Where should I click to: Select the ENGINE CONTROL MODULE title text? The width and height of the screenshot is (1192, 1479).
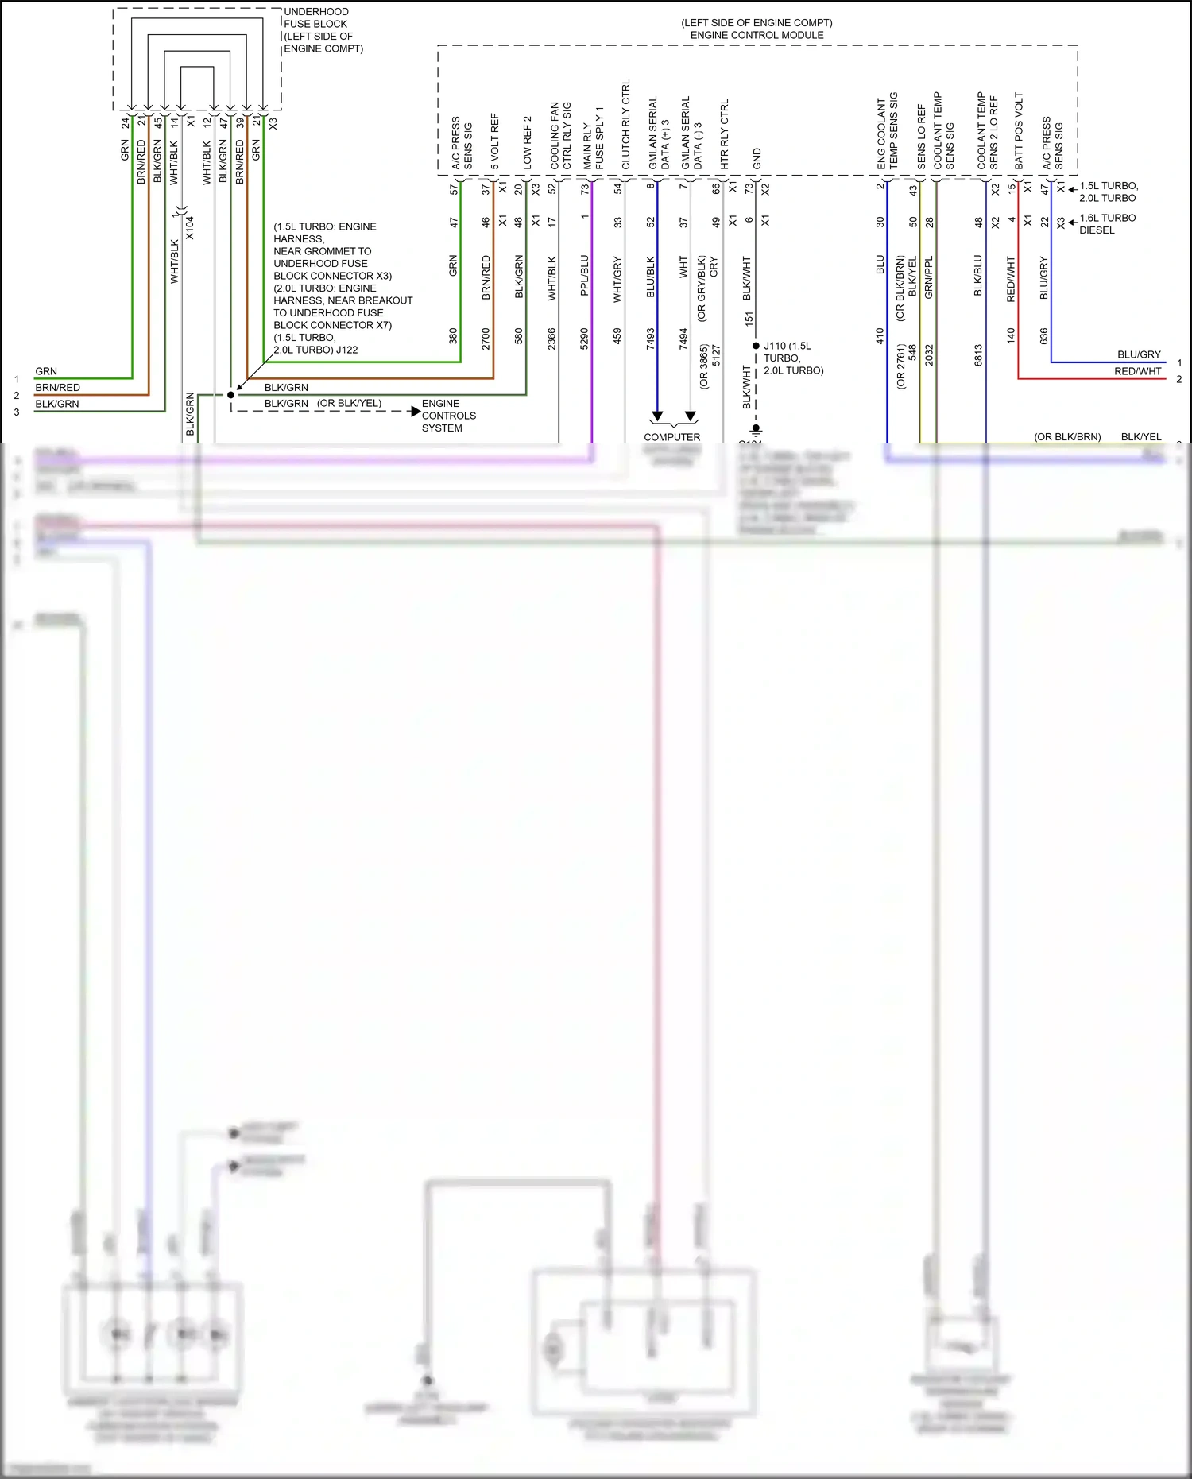(x=757, y=35)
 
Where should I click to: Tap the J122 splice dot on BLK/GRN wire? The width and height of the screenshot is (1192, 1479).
(x=231, y=395)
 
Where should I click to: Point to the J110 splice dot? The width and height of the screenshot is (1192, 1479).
(x=756, y=346)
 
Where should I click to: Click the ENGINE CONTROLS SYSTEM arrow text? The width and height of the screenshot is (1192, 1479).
(x=448, y=416)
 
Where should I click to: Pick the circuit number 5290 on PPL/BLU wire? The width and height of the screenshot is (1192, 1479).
(x=584, y=339)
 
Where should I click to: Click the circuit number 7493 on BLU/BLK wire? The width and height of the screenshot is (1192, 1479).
(x=650, y=339)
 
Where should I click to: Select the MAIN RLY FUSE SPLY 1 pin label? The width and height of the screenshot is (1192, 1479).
(x=593, y=138)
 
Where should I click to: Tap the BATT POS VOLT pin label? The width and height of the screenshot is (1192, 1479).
(x=1019, y=130)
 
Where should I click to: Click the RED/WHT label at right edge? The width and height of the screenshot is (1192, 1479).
(x=1137, y=371)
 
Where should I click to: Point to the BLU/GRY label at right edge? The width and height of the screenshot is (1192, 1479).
(x=1139, y=354)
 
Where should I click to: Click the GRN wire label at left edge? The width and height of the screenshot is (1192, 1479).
(x=46, y=371)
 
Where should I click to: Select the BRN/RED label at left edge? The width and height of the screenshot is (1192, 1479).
(x=57, y=388)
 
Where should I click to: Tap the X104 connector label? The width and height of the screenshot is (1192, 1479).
(x=190, y=228)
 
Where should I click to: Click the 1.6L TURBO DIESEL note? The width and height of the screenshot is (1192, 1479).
(x=1107, y=224)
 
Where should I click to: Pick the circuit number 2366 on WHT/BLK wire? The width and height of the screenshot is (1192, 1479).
(x=551, y=339)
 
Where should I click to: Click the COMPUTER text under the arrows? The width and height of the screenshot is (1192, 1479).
(x=671, y=437)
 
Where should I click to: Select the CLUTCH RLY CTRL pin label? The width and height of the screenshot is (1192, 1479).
(x=626, y=125)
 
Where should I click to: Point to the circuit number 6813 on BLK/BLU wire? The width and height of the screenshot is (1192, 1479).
(x=978, y=354)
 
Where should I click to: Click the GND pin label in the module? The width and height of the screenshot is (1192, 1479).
(x=757, y=158)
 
